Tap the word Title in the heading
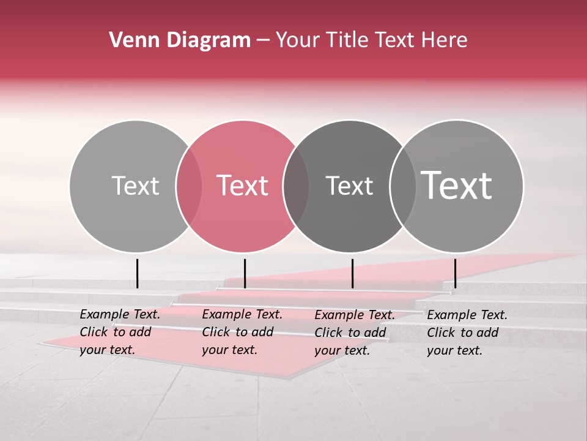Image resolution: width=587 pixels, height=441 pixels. pyautogui.click(x=348, y=40)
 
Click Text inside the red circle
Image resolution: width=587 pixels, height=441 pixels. pyautogui.click(x=243, y=186)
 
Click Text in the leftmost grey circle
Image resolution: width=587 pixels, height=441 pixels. pyautogui.click(x=135, y=186)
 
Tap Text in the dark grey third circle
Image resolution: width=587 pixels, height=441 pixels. pyautogui.click(x=349, y=186)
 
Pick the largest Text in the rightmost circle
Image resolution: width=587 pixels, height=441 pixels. pyautogui.click(x=457, y=186)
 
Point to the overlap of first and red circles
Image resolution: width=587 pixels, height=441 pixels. pyautogui.click(x=189, y=186)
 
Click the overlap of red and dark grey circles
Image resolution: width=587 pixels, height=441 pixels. pyautogui.click(x=296, y=186)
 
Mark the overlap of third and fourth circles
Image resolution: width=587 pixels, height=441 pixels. pyautogui.click(x=403, y=186)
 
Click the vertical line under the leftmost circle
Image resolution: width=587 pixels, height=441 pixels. pyautogui.click(x=138, y=273)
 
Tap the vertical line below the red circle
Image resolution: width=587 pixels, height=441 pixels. pyautogui.click(x=245, y=273)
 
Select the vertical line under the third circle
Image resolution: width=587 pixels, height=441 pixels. pyautogui.click(x=352, y=273)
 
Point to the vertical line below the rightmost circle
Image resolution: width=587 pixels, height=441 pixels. pyautogui.click(x=455, y=273)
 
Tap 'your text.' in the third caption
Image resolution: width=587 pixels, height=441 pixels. pyautogui.click(x=342, y=350)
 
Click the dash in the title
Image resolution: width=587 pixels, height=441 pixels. pyautogui.click(x=264, y=40)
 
